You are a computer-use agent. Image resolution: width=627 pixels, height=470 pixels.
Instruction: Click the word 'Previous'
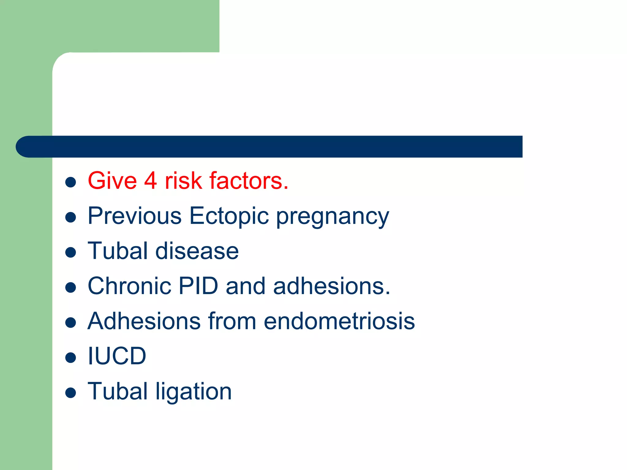click(x=135, y=216)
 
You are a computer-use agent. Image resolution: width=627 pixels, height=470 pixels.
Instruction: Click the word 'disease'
click(x=197, y=251)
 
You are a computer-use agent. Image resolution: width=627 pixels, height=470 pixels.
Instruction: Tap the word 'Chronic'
click(x=129, y=286)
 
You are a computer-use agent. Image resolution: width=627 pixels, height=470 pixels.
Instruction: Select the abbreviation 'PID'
click(x=198, y=286)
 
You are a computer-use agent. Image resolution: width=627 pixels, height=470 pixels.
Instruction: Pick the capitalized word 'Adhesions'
click(x=144, y=321)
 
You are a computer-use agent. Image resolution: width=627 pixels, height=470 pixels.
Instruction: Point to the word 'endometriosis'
click(x=339, y=321)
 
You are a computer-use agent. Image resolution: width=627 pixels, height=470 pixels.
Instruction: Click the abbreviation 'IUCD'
click(x=117, y=356)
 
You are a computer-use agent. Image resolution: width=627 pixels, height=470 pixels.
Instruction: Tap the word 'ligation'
click(x=193, y=392)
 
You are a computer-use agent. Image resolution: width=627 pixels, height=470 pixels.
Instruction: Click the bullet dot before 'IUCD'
click(x=71, y=357)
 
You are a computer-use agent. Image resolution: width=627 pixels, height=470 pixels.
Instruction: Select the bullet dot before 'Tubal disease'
click(x=71, y=252)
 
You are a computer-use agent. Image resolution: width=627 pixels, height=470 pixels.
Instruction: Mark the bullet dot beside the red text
click(x=71, y=182)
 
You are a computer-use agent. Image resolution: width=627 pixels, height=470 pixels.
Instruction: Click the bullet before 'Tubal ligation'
click(x=71, y=393)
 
